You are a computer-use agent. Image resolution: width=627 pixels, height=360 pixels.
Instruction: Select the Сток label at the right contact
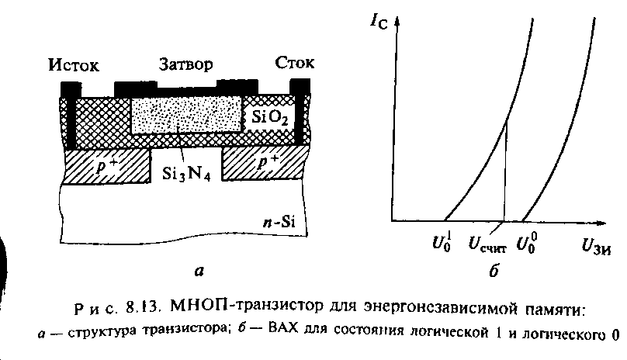(x=293, y=62)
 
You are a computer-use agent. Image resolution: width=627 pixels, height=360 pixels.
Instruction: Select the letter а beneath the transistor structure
(x=199, y=271)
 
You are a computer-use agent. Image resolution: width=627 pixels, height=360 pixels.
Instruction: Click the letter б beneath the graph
(x=494, y=271)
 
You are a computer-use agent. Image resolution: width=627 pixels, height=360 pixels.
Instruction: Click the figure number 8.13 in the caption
(x=141, y=310)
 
